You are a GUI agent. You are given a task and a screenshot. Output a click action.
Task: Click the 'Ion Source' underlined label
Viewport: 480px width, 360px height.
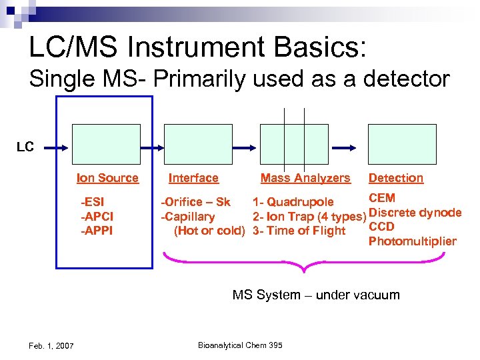[107, 178]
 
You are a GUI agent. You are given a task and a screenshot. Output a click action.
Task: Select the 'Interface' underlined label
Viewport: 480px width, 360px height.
[193, 178]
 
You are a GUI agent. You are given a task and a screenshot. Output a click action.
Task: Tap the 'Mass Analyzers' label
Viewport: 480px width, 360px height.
[305, 178]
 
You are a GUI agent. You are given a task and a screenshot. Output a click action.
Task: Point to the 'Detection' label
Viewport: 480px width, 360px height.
[396, 178]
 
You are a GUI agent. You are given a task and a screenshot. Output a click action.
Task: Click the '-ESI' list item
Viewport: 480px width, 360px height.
[91, 202]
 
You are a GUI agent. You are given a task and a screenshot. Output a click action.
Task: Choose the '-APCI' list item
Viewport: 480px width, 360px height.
[96, 217]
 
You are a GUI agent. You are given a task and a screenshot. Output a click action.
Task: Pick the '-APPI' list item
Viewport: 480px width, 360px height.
[96, 231]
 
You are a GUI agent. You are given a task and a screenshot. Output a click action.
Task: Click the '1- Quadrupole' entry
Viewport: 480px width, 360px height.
[293, 202]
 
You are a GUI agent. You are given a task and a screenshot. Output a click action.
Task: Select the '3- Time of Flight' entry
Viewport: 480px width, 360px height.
[299, 231]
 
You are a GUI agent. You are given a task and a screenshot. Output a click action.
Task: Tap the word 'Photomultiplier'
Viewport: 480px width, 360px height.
[412, 241]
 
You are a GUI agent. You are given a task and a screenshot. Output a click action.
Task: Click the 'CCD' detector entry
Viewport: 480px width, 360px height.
[381, 227]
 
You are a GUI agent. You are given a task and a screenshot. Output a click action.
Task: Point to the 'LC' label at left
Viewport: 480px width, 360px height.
[25, 147]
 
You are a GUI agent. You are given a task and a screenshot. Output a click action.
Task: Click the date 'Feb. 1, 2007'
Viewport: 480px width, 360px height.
[52, 345]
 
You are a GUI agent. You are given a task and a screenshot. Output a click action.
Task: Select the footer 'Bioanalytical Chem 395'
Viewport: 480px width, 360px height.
[240, 345]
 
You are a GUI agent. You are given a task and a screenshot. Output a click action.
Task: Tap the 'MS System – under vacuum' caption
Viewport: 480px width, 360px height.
[315, 295]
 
